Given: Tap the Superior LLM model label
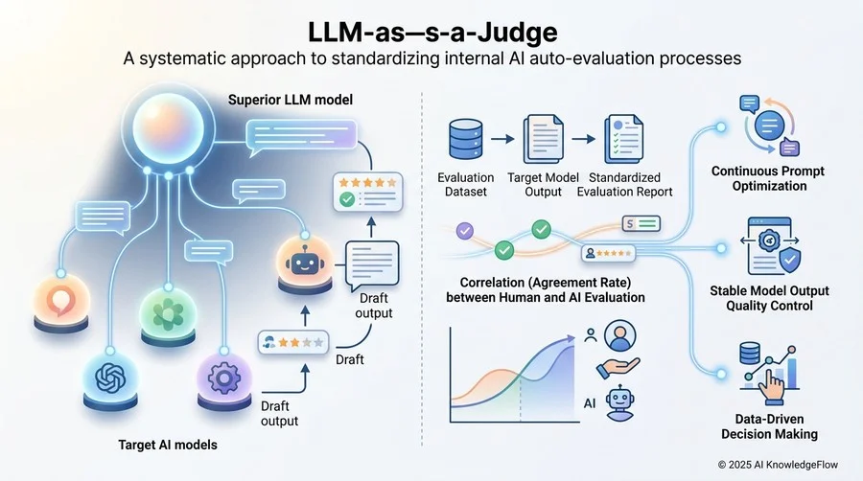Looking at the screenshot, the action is point(290,100).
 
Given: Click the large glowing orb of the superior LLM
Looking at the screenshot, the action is point(169,128).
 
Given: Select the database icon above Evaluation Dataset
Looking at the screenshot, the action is point(466,140).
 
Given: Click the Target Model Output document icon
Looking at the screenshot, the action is point(543,139).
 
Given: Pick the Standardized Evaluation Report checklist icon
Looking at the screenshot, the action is point(623,139).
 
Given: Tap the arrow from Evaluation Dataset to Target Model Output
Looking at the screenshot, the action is point(502,139).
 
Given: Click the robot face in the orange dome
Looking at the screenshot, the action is point(303,263).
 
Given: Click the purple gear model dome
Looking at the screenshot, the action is point(223,380).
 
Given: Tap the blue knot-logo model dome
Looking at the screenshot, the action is point(110,380).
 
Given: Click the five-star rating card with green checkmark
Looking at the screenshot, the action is point(367,192).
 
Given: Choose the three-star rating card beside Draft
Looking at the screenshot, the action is point(293,342).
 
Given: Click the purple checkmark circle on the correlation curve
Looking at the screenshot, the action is point(465,231).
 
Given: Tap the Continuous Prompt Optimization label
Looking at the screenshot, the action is point(768,178).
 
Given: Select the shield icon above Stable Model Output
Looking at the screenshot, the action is point(790,260).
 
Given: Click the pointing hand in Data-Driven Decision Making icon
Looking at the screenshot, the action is point(772,386).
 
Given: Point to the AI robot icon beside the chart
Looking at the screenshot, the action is point(619,403).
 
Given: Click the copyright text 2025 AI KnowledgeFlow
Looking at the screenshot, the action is point(778,465).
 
